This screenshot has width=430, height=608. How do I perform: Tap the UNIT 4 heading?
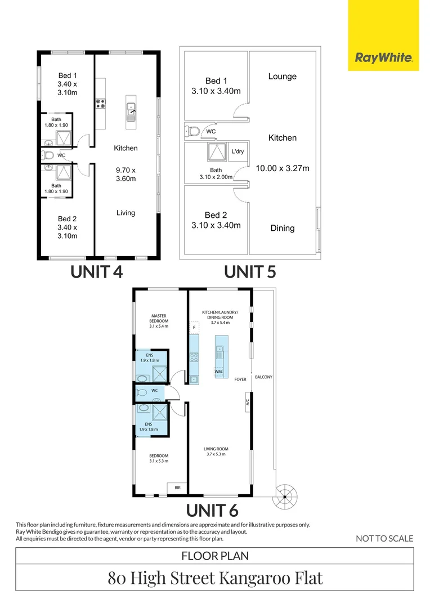click(96, 272)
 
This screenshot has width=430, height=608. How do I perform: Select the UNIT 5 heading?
click(250, 272)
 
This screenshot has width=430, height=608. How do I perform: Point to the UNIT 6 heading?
click(212, 511)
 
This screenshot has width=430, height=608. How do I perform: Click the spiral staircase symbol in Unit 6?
click(285, 496)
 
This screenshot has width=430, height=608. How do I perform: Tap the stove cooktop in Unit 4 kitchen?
click(101, 103)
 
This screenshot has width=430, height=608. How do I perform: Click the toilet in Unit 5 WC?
click(192, 132)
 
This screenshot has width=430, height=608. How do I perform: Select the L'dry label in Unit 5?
click(237, 151)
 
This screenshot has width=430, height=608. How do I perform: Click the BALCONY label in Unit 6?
click(263, 377)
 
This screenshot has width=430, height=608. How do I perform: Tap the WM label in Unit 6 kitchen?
click(218, 372)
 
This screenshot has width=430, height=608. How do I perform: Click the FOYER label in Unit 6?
click(240, 379)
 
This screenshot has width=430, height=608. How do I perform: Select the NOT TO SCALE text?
click(384, 539)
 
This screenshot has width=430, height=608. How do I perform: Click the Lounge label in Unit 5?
click(282, 77)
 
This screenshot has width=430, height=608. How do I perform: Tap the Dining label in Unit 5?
click(282, 228)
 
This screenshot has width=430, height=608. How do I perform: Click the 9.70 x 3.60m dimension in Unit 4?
click(126, 175)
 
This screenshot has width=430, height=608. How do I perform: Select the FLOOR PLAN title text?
click(215, 556)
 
